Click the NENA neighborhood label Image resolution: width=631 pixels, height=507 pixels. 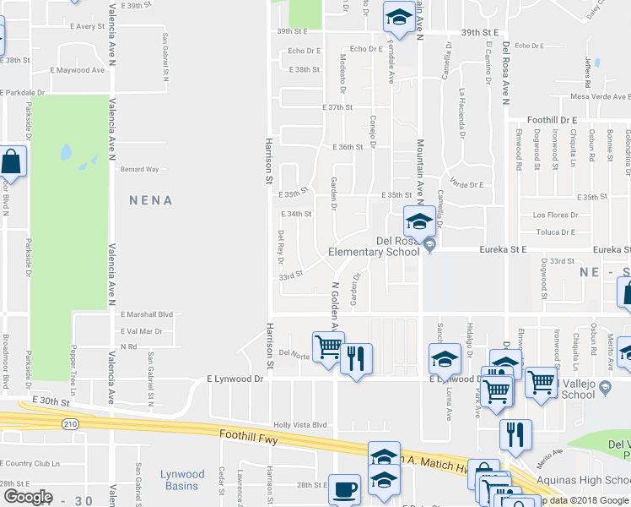(151, 201)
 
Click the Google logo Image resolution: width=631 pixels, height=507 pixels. (28, 496)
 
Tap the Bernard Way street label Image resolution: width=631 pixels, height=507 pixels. (139, 169)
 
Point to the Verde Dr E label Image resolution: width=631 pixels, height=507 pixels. (466, 184)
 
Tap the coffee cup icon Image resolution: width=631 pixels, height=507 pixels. (343, 488)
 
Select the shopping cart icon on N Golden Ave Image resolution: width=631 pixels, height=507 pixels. (328, 346)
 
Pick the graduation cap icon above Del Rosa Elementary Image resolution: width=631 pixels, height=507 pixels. (418, 221)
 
